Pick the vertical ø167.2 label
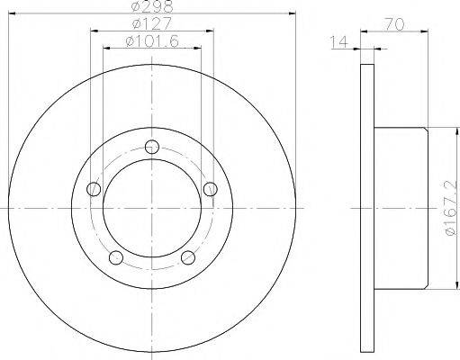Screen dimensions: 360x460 coord(447,207)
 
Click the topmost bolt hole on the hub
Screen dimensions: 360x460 coord(151,148)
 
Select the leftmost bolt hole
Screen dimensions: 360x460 coord(93,189)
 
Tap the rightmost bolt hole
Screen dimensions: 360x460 coord(210,188)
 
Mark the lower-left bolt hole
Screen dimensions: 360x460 coord(115,258)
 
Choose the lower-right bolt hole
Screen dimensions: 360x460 coord(187,258)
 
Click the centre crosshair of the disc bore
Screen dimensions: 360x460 coord(151,209)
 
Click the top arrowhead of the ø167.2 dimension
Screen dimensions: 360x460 coord(435,127)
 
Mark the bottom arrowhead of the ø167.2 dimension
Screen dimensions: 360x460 coord(435,289)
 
